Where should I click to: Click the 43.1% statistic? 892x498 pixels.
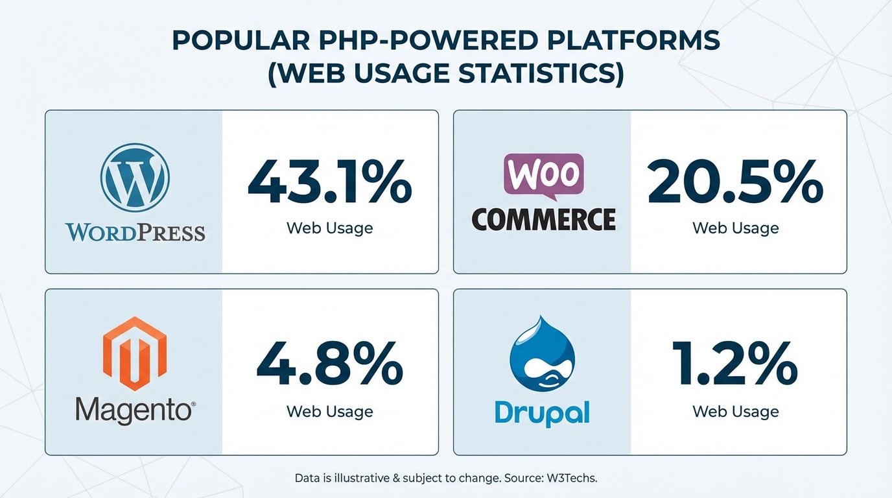(329, 184)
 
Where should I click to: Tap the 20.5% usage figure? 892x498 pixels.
(735, 184)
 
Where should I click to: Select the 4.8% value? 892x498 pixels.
(329, 366)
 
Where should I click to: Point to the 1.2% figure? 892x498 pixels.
(735, 366)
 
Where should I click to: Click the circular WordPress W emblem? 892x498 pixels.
(135, 177)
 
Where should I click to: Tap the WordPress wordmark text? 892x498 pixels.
(135, 232)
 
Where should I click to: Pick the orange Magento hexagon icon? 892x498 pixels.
(135, 353)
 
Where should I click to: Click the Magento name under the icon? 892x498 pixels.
(135, 410)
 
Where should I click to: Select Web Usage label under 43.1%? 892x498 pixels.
(329, 228)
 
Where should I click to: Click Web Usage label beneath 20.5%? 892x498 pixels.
(735, 228)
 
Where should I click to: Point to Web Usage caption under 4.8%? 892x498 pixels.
(329, 411)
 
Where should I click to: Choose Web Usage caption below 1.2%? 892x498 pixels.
(735, 411)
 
